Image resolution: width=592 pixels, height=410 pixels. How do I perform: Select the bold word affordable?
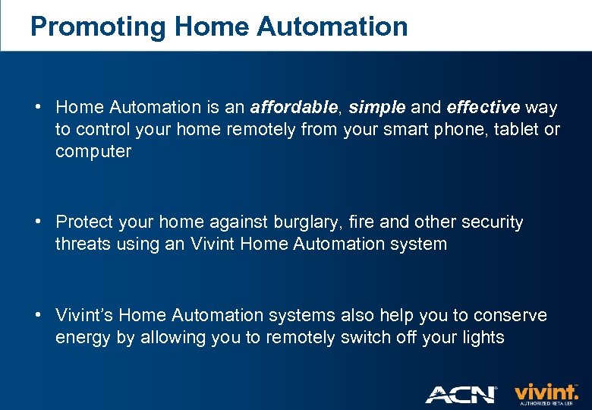[292, 108]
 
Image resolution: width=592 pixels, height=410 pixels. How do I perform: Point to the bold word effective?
[483, 108]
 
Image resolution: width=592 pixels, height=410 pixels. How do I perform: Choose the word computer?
[93, 152]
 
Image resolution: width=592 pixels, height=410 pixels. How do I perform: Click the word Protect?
[84, 222]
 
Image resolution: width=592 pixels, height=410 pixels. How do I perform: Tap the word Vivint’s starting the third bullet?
[84, 315]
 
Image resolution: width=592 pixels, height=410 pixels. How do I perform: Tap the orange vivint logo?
[546, 393]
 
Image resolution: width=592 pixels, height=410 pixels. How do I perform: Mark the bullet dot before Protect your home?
[37, 222]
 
